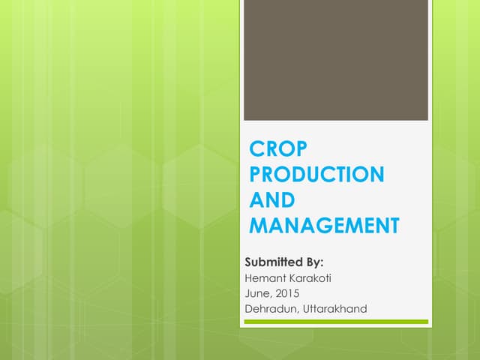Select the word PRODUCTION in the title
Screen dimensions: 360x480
click(316, 174)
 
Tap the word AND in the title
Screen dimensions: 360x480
click(271, 199)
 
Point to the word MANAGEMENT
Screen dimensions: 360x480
click(324, 225)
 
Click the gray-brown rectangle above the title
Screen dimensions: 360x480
click(336, 60)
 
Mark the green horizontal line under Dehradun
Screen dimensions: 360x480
click(336, 322)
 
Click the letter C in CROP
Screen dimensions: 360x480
click(256, 148)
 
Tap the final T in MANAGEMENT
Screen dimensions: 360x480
click(392, 225)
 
